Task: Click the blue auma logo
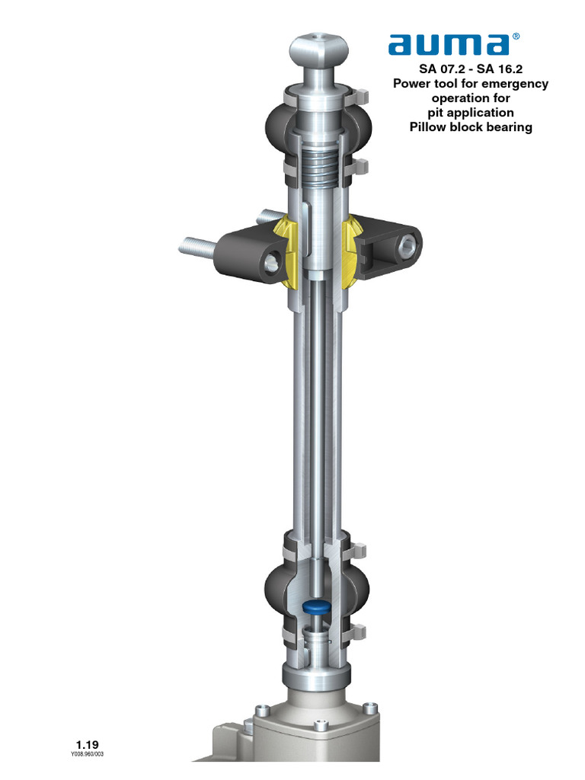coord(448,45)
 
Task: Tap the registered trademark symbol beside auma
coord(517,36)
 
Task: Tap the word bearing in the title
coord(510,127)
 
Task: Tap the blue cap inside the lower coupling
coord(315,606)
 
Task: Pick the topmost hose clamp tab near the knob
coord(363,94)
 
